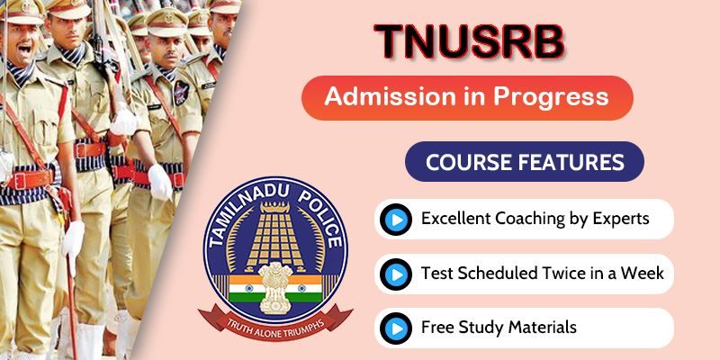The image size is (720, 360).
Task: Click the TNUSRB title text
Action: tap(469, 41)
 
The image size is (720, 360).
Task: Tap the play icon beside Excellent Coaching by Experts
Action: tap(396, 220)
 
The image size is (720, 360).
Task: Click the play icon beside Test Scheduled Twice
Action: tap(396, 274)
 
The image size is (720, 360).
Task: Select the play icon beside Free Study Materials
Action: tap(396, 328)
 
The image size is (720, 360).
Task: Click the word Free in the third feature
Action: tap(436, 328)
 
